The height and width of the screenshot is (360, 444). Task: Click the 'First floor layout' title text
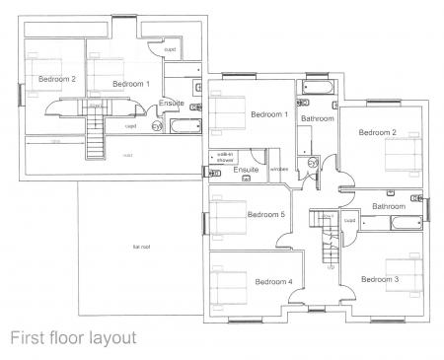click(x=73, y=337)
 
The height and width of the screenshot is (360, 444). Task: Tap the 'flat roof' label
click(x=141, y=247)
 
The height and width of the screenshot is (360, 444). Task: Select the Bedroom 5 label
click(x=265, y=215)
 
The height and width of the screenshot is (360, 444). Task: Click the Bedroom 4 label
click(x=273, y=282)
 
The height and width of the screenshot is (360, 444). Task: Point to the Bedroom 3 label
click(x=380, y=280)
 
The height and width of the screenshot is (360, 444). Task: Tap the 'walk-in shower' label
click(x=224, y=157)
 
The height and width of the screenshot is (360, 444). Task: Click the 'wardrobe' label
click(x=278, y=170)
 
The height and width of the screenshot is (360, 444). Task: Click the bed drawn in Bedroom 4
click(x=229, y=280)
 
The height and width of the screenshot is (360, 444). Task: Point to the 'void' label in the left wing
click(x=127, y=155)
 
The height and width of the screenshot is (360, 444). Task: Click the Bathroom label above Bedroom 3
click(x=389, y=206)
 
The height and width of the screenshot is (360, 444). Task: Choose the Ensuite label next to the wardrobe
click(x=246, y=171)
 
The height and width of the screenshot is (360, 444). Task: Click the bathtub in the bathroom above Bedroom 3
click(x=405, y=225)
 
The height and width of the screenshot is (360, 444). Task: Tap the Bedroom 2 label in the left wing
click(x=57, y=79)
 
